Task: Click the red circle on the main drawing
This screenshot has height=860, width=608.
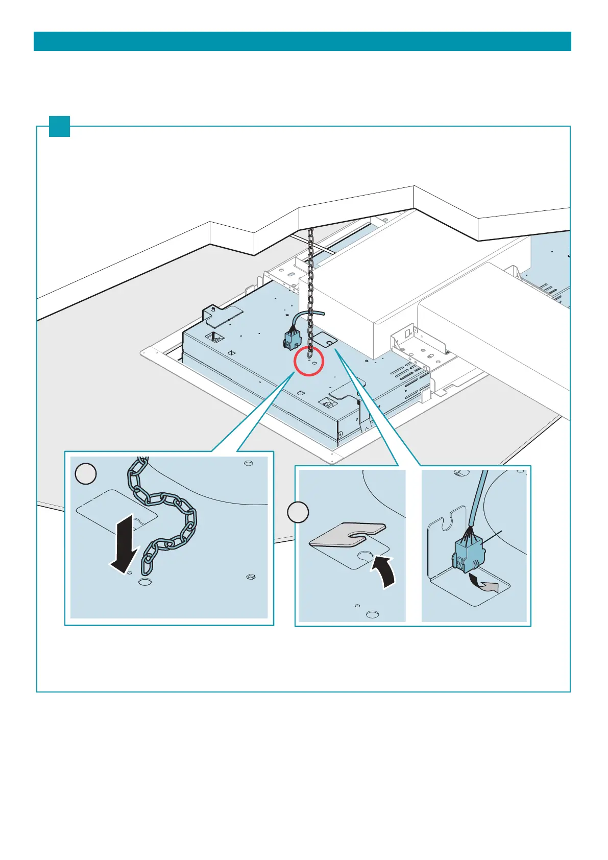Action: coord(308,361)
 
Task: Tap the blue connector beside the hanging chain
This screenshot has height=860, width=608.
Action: coord(293,339)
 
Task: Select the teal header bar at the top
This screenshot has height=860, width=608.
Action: coord(302,41)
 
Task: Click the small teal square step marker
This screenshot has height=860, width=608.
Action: coord(59,126)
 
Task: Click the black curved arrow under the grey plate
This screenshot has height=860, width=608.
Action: coord(385,572)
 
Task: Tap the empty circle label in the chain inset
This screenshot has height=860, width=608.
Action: coord(86,473)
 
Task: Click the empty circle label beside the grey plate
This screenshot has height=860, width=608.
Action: coord(298,512)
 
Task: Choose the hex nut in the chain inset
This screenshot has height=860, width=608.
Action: coord(251,577)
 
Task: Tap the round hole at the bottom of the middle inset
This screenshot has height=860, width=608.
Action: coord(372,614)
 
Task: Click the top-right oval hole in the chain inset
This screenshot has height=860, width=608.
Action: coord(248,463)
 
